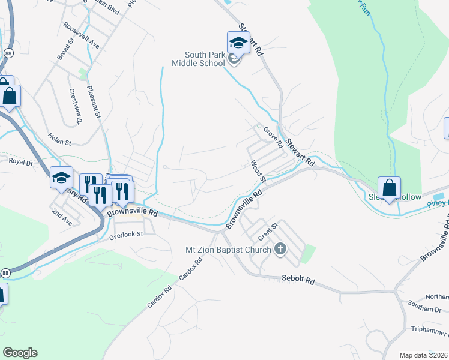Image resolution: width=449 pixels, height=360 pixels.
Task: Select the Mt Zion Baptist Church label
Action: (228, 249)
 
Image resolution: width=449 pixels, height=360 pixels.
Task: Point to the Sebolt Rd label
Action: (298, 280)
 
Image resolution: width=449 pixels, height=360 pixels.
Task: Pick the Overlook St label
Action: (127, 235)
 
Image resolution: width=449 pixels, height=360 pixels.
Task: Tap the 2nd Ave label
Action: (61, 217)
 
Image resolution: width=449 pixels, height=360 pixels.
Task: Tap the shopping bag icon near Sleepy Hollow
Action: (389, 187)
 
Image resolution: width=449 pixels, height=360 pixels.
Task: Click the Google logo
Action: (19, 353)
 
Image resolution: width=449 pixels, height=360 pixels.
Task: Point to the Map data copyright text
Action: (423, 355)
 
